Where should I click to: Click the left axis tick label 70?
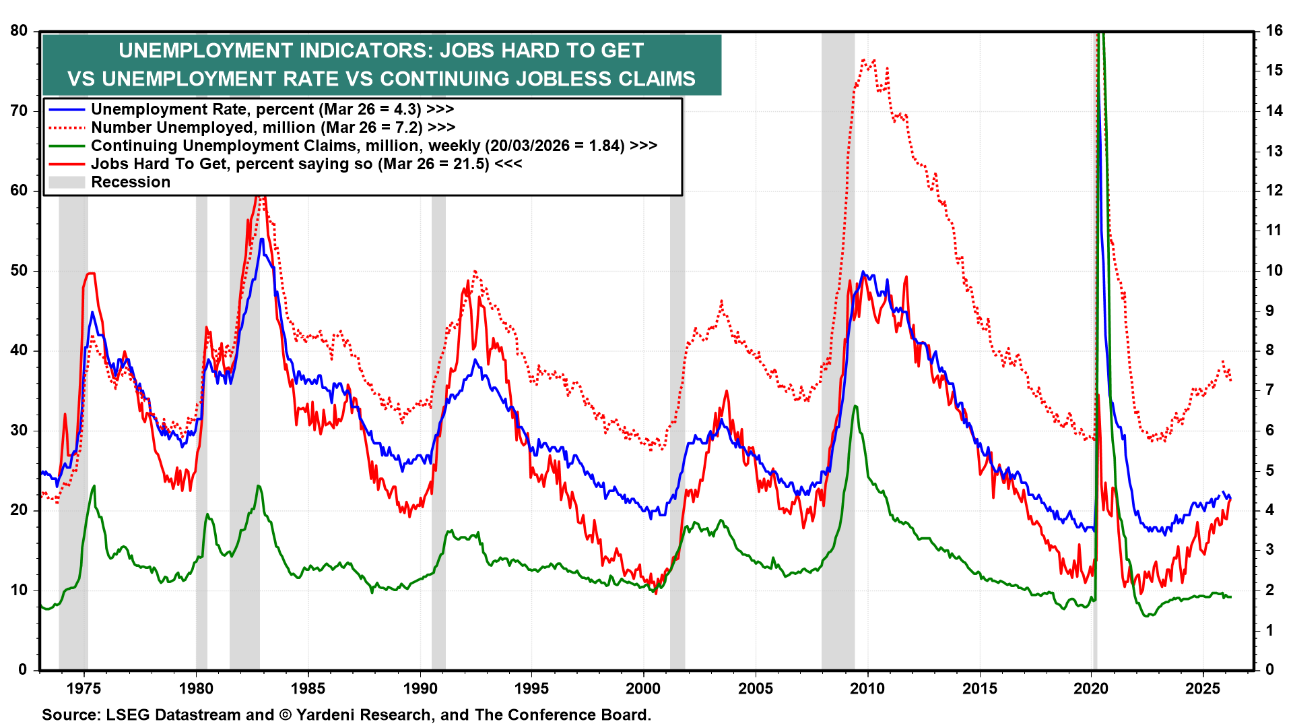click(18, 111)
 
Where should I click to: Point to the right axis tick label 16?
click(1273, 30)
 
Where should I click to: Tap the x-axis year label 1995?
click(531, 688)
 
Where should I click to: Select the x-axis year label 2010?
click(867, 688)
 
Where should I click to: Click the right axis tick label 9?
click(1269, 310)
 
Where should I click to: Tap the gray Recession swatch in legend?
click(67, 182)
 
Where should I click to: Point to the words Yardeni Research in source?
click(364, 715)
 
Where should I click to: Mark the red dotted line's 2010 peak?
click(864, 60)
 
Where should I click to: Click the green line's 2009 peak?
click(855, 406)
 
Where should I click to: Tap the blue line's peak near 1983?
click(261, 239)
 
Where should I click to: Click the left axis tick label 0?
click(23, 669)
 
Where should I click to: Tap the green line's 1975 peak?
click(94, 486)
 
